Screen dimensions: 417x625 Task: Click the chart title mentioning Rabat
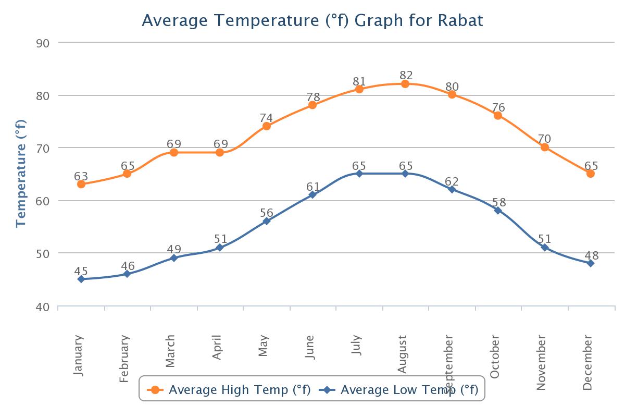(312, 20)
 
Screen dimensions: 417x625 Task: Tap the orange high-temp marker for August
(405, 84)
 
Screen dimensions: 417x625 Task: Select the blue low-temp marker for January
(81, 279)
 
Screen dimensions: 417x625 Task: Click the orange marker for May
(267, 126)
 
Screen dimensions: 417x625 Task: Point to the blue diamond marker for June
(312, 195)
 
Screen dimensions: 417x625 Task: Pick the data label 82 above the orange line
(406, 76)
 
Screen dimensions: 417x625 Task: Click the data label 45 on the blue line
(81, 271)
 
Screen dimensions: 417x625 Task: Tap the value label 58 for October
(499, 203)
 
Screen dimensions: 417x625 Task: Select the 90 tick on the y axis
(43, 43)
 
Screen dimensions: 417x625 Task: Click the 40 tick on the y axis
(43, 306)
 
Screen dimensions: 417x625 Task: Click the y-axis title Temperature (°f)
(21, 174)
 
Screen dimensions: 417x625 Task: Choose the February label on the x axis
(124, 359)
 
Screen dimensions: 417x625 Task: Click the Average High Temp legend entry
(229, 390)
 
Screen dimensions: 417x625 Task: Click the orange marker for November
(545, 148)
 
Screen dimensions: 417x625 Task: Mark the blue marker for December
(591, 264)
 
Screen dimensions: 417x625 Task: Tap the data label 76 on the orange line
(499, 108)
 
